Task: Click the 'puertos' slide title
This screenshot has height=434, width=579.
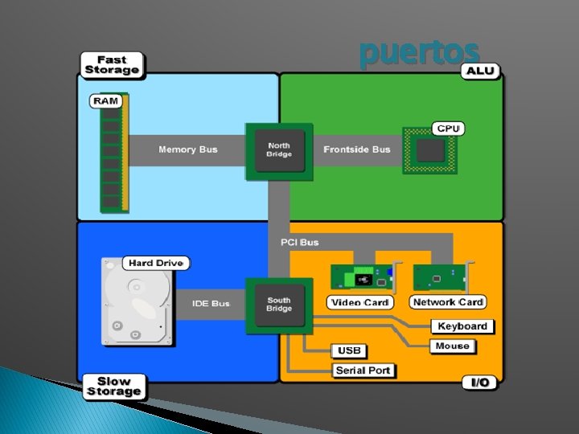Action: [x=420, y=53]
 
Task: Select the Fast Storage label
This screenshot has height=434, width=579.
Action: [x=112, y=65]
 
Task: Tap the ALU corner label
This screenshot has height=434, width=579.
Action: [x=480, y=71]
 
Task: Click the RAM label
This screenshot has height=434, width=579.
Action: [x=105, y=100]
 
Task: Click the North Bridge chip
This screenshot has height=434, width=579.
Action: [x=279, y=149]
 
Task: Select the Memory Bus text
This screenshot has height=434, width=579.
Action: [x=188, y=149]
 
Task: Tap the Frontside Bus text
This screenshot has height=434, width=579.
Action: [x=357, y=149]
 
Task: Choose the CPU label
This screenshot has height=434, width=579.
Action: [x=448, y=129]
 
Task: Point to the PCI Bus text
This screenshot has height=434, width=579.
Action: [x=299, y=242]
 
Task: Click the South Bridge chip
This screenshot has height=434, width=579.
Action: [x=279, y=305]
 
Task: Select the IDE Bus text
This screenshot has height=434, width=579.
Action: [x=211, y=304]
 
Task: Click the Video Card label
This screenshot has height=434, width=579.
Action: [x=359, y=302]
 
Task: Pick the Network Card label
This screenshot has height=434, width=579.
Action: [x=448, y=302]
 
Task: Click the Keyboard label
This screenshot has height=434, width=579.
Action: [x=462, y=326]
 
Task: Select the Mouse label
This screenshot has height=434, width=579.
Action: [x=452, y=346]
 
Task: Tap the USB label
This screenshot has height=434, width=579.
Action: [x=349, y=351]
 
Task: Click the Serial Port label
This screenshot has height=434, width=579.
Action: [x=363, y=371]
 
